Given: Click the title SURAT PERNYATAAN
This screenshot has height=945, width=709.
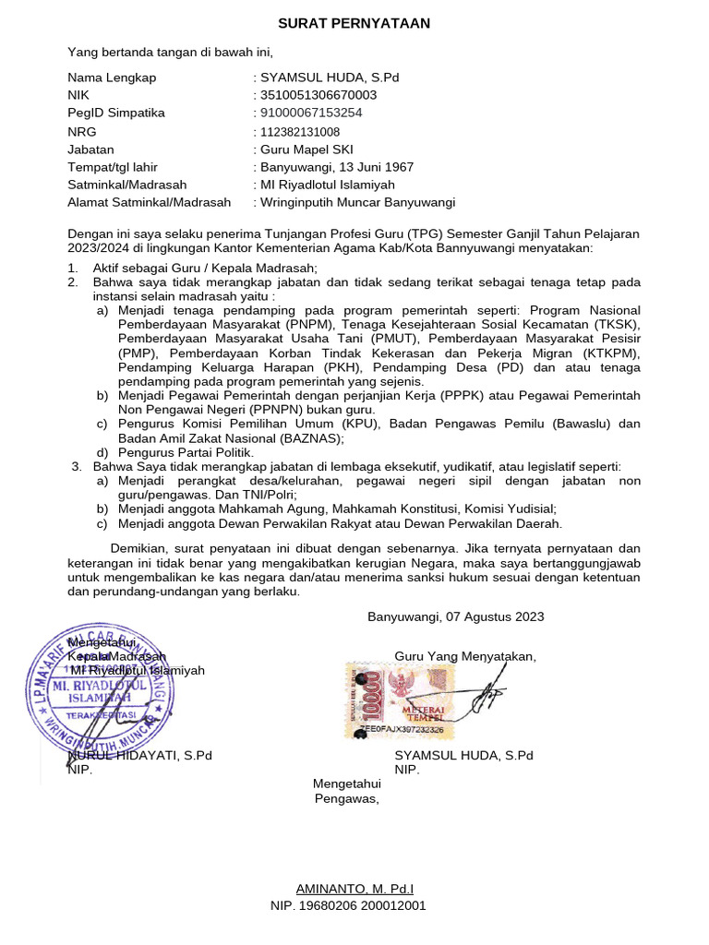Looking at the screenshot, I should click(354, 23).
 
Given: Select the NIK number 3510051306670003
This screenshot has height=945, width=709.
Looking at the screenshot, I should click(318, 95).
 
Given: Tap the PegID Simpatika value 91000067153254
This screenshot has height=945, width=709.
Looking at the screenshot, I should click(312, 113).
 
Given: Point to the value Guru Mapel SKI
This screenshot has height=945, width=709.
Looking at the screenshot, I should click(306, 149).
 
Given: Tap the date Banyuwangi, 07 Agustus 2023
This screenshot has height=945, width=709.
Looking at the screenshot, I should click(455, 616).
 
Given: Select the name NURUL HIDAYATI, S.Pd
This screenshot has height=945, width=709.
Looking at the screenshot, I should click(140, 755).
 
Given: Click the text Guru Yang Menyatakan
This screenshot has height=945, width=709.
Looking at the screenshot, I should click(464, 656).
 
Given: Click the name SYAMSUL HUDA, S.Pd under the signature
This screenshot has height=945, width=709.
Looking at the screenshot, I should click(463, 755).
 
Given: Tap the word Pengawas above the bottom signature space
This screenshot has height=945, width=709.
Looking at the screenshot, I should click(346, 799).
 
